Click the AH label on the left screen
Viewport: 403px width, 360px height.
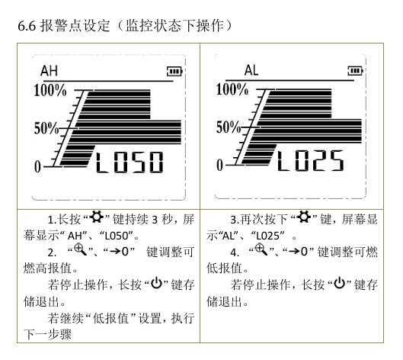49,70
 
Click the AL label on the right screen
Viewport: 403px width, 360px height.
251,70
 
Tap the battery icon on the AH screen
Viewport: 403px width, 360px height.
174,71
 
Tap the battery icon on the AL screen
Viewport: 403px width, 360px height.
355,71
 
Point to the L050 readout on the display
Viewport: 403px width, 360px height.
130,162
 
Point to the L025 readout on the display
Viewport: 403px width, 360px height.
310,161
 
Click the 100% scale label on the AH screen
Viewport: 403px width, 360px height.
50,91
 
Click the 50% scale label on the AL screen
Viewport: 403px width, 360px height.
229,127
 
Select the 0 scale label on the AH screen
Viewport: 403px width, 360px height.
37,166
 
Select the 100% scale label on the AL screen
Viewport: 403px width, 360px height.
232,89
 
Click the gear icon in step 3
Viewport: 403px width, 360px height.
304,217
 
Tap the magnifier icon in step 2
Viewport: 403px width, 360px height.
81,250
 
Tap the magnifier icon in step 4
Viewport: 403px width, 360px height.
261,250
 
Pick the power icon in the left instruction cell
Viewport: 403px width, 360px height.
156,283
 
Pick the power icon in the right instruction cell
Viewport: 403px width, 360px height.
340,283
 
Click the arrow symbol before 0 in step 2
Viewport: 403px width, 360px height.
114,251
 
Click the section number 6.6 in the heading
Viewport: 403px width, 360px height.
27,26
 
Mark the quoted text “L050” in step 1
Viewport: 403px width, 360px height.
117,236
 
